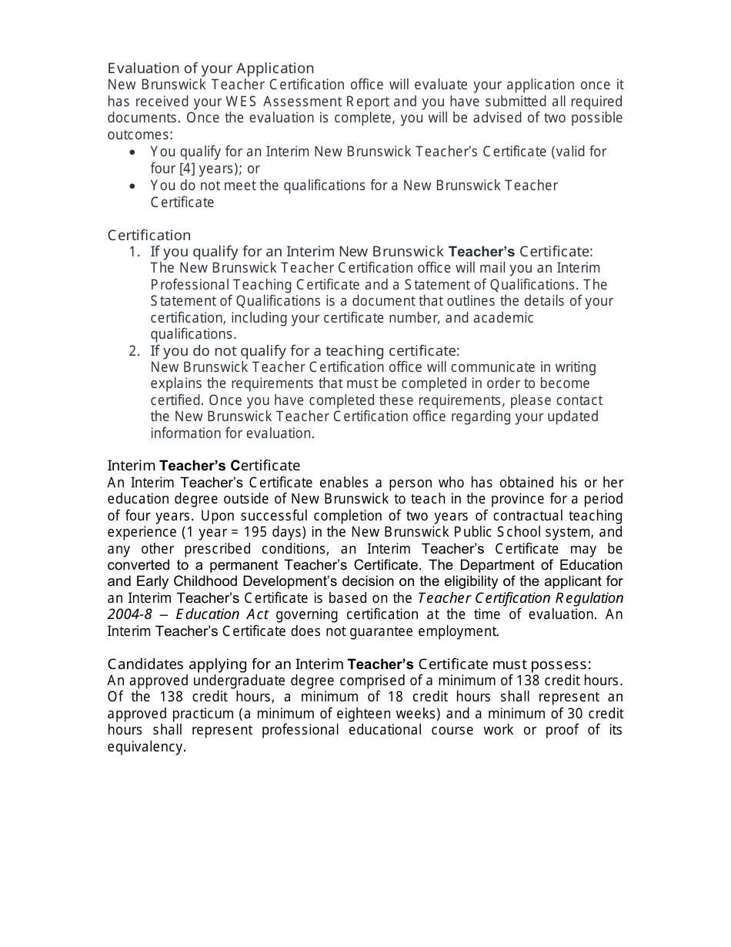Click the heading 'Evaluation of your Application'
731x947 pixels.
210,68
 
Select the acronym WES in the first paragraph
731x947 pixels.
242,102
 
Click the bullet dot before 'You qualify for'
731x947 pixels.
134,152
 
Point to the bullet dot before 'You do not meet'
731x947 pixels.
134,186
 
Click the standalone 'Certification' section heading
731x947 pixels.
149,235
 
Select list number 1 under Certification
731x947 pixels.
134,252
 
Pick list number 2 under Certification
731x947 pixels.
134,351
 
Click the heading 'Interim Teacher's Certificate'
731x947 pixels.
203,466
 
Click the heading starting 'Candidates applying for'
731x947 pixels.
349,664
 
